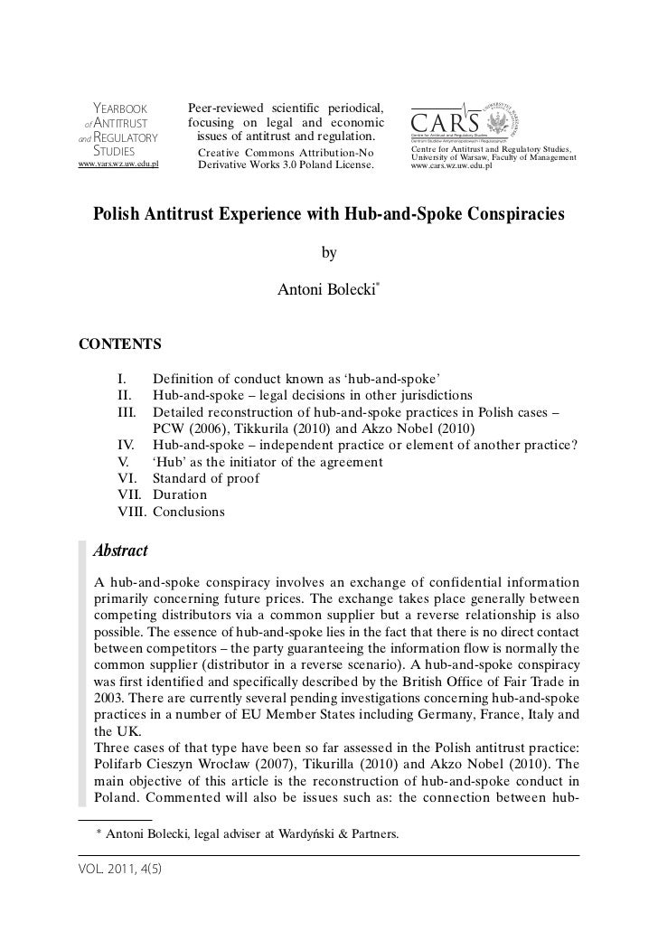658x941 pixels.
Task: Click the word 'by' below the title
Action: click(329, 253)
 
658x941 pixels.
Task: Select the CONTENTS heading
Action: click(121, 343)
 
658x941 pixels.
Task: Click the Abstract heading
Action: click(121, 550)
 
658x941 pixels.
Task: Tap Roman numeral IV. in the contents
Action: click(128, 445)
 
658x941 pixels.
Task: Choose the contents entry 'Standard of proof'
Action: click(206, 478)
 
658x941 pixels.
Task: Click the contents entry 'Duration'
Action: click(180, 494)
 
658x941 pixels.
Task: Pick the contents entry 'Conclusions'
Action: click(189, 512)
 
